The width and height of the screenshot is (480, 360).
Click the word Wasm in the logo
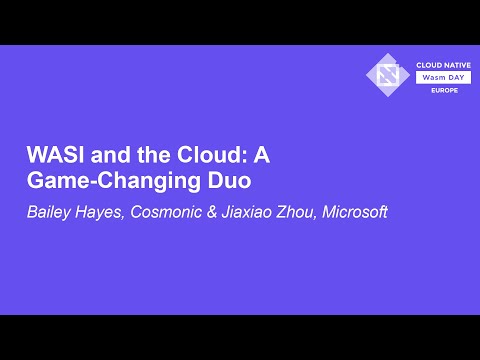tap(427, 75)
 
